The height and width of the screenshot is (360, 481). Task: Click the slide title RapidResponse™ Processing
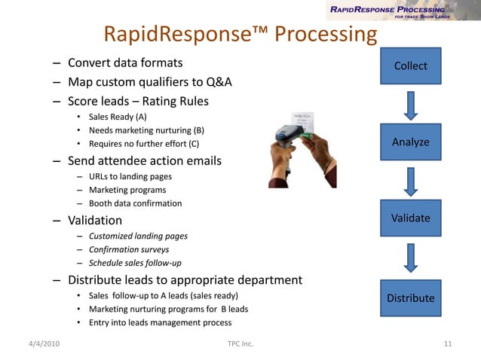click(x=239, y=35)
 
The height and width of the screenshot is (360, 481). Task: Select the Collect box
click(x=410, y=66)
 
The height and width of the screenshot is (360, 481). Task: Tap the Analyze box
click(x=410, y=142)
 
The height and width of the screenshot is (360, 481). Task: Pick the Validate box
click(x=410, y=218)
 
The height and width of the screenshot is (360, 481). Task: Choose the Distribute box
click(x=410, y=297)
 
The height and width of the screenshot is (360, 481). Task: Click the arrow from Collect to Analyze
click(x=410, y=105)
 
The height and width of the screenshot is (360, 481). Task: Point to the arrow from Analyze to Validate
click(x=410, y=182)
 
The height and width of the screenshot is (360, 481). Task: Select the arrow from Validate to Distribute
click(x=410, y=258)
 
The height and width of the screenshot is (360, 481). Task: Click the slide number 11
click(x=448, y=344)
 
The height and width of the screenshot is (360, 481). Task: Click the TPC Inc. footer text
click(x=240, y=344)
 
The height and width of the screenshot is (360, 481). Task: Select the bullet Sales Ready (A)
click(x=118, y=117)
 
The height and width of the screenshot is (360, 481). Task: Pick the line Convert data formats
click(x=125, y=63)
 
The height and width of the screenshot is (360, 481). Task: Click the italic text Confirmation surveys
click(x=129, y=249)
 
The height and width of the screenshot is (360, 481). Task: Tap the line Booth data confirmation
click(x=135, y=203)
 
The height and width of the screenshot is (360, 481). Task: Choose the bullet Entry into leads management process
click(x=160, y=323)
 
